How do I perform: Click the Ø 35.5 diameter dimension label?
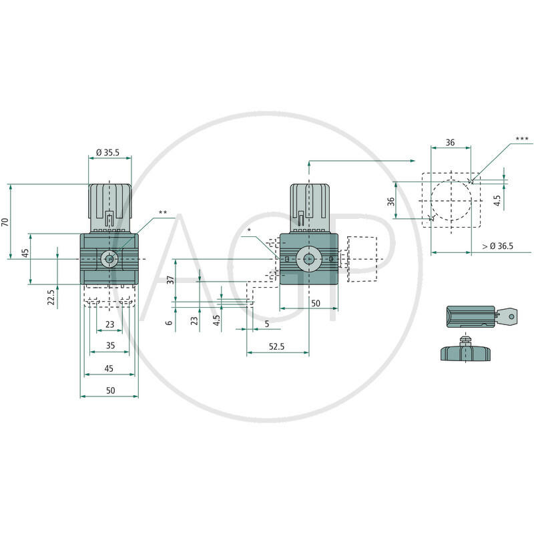tap(107, 152)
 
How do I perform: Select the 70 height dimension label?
tap(6, 222)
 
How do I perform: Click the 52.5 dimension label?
tap(277, 347)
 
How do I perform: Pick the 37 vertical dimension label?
tap(170, 280)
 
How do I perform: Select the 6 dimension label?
tap(170, 322)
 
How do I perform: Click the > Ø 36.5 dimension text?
tap(497, 246)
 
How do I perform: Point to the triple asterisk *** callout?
tap(521, 140)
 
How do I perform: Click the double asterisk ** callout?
tap(162, 213)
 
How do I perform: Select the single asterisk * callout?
tap(248, 230)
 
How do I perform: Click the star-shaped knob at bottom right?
tap(466, 350)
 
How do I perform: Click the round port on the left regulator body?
tap(109, 258)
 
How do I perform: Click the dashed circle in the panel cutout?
tap(451, 200)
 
